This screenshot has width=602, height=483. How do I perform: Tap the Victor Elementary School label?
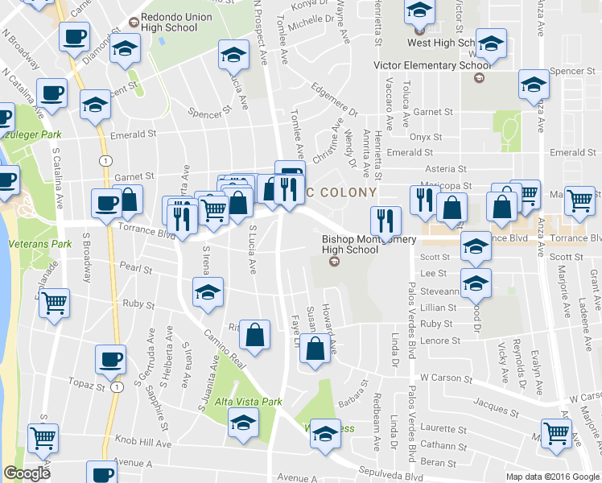429,66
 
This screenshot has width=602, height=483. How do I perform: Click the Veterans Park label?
37,243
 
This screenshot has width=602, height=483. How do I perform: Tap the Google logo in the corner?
27,473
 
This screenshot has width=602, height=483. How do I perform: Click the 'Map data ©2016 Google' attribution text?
552,477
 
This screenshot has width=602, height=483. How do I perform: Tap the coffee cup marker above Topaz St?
110,361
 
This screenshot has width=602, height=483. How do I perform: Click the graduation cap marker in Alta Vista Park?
243,422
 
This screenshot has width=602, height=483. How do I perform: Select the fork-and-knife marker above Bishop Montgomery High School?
386,219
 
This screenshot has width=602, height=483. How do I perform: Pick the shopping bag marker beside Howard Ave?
316,348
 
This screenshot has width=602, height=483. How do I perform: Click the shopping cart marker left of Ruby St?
55,303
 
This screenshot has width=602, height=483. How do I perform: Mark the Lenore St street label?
442,341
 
